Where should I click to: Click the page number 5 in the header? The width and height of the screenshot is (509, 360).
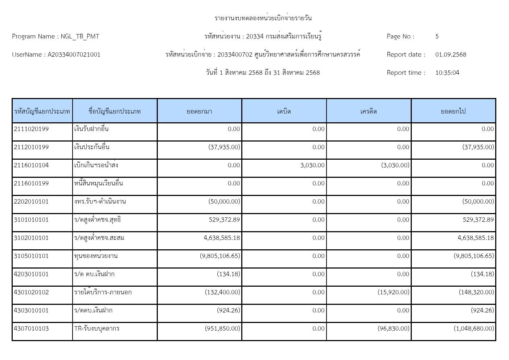[x=437, y=36]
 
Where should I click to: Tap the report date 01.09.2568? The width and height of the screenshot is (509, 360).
[x=451, y=54]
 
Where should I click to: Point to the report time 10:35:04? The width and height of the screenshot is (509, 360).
[x=447, y=73]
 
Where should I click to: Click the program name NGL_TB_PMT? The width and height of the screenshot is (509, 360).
[x=80, y=36]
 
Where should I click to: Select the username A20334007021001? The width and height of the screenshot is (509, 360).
[x=74, y=54]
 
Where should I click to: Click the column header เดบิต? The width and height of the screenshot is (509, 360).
[x=284, y=111]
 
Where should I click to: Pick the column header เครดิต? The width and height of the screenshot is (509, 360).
[x=369, y=111]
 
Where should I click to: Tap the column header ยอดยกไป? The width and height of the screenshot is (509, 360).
[x=453, y=111]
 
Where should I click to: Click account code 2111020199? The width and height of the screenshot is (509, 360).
[x=31, y=129]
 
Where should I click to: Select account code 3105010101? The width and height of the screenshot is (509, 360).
[x=31, y=256]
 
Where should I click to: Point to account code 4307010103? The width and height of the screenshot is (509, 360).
[x=31, y=328]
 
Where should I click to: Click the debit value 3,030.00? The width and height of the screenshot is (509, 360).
[x=312, y=165]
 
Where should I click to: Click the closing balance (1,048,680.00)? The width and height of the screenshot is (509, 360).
[x=474, y=328]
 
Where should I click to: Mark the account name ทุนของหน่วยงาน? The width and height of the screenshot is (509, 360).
[x=96, y=256]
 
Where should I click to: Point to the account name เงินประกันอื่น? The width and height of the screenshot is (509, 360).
[x=91, y=147]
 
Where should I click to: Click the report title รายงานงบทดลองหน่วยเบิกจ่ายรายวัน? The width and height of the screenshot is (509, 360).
[x=263, y=18]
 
